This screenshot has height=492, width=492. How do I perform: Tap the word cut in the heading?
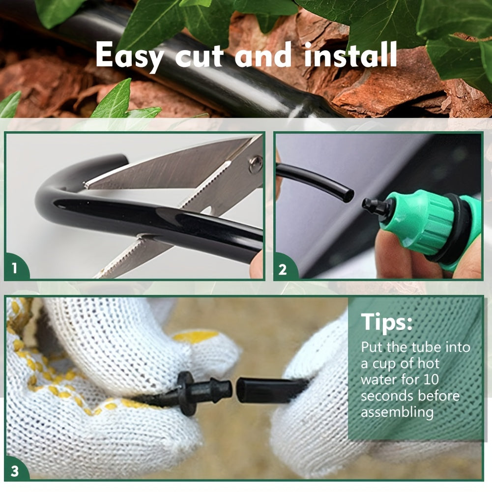(x=201, y=56)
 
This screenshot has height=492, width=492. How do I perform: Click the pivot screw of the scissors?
(x=255, y=164)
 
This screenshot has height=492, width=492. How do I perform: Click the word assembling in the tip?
(x=397, y=412)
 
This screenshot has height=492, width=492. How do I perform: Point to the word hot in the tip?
(x=426, y=364)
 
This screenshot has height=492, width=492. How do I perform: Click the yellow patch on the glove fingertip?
(x=196, y=337)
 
